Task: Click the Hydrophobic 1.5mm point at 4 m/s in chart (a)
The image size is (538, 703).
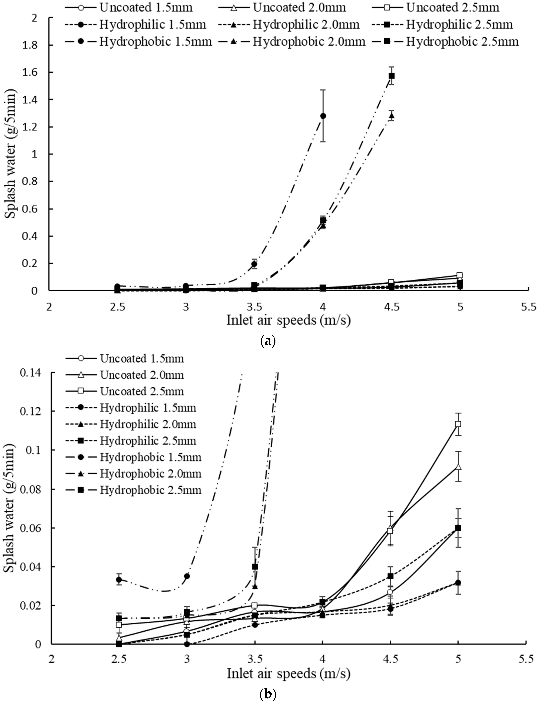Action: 323,116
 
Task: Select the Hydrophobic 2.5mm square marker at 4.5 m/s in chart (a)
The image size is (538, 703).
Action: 391,76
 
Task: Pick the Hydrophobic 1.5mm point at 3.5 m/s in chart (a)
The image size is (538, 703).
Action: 254,264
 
